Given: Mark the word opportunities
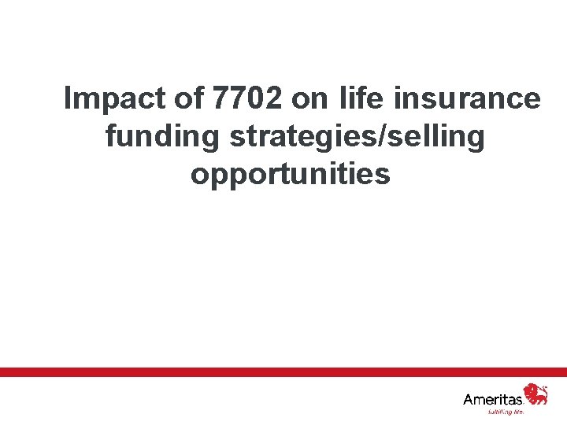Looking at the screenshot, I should pos(290,175).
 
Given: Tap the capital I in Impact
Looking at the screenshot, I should pos(68,99).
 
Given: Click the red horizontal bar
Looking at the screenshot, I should pos(283,371).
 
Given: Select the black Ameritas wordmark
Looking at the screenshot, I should pos(493,399).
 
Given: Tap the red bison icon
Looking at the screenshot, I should pos(536,394).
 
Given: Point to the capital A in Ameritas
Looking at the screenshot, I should pos(469,399).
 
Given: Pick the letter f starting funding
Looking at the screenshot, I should pos(110,137).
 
